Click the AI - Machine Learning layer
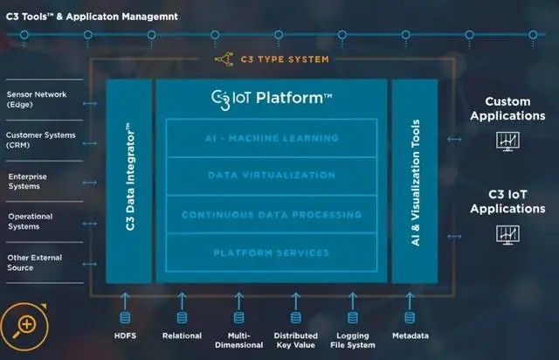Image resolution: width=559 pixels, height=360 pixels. click(272, 138)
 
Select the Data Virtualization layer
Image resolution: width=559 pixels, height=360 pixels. click(272, 176)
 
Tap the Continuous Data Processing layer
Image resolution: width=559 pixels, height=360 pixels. click(272, 214)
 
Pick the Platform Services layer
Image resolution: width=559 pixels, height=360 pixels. click(272, 253)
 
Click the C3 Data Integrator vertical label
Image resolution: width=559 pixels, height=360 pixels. click(128, 180)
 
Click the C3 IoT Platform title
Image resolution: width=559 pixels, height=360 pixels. click(272, 98)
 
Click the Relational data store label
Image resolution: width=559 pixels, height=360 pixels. click(182, 336)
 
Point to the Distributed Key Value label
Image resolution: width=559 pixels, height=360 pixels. click(295, 340)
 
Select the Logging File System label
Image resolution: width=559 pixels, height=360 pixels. click(353, 340)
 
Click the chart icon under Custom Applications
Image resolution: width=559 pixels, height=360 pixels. click(507, 141)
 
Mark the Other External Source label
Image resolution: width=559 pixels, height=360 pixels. click(32, 262)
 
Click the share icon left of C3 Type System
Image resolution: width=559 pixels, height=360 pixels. click(224, 59)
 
